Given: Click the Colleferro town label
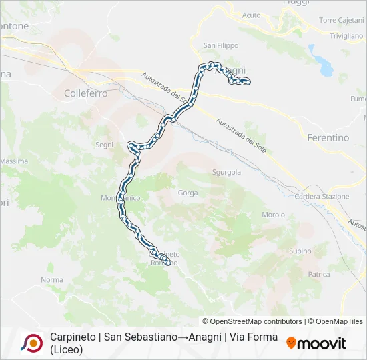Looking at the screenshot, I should click(86, 94).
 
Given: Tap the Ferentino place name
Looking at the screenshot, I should click(328, 138).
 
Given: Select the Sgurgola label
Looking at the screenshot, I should click(226, 172).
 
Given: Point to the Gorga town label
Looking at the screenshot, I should click(188, 193).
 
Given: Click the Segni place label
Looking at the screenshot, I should click(105, 145).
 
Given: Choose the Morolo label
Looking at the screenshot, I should click(273, 215).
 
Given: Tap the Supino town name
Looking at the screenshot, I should click(300, 251).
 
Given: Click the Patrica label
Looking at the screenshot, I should click(319, 274).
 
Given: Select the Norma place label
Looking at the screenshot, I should click(51, 280).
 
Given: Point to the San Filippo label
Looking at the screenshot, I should click(221, 45).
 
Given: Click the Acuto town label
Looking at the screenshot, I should click(252, 15).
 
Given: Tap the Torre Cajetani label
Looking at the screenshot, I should click(341, 21).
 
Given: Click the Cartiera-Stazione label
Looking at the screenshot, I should click(322, 197).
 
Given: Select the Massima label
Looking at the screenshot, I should click(13, 161).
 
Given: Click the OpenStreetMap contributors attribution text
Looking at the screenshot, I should click(252, 321).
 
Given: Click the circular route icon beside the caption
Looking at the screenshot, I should click(31, 343).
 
